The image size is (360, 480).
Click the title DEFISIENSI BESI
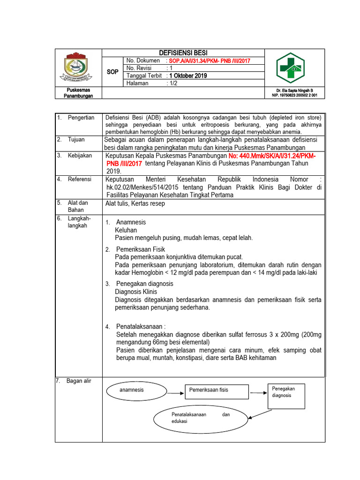(x=183, y=52)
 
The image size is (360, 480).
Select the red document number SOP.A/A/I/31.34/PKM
(x=210, y=61)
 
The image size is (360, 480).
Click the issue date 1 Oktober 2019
(x=187, y=75)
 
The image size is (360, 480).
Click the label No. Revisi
(x=140, y=68)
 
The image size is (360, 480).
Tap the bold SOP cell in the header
(x=112, y=72)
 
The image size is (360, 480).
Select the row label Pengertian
(x=81, y=117)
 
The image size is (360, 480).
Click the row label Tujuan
(x=76, y=140)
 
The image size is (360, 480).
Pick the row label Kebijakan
(x=79, y=155)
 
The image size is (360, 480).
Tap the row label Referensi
(x=80, y=179)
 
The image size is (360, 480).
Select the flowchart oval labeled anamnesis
(x=132, y=390)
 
